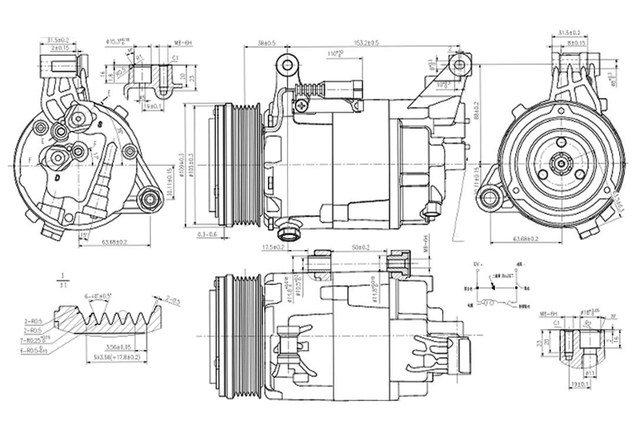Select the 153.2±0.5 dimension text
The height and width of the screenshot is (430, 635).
(366, 43)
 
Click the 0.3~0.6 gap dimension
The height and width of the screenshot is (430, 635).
(206, 234)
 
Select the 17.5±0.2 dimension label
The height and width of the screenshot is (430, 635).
(273, 247)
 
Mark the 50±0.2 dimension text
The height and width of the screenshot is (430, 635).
(360, 247)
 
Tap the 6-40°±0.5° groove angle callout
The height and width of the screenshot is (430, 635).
(98, 296)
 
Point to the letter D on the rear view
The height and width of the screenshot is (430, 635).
(57, 177)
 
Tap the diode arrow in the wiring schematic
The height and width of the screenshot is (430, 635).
(493, 289)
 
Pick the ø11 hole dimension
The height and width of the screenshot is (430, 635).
(588, 372)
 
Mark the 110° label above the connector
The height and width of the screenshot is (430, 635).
(336, 54)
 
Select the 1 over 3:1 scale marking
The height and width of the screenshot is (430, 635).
(62, 280)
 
